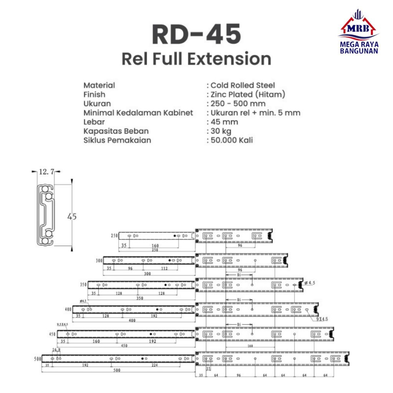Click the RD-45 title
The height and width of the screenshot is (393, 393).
196,35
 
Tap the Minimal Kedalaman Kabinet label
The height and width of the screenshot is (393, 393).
138,113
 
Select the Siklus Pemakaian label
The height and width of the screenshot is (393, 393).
117,140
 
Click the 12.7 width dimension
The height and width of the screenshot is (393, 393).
46,172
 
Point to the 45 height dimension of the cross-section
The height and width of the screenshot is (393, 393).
72,216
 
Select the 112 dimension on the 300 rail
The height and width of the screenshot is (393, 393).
164,268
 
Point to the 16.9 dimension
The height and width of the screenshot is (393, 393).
56,350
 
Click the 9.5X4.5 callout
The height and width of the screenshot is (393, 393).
62,324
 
